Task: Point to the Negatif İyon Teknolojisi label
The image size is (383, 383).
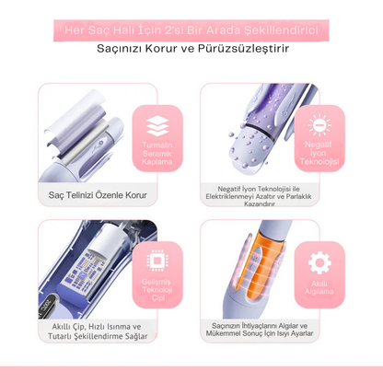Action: [x=319, y=155]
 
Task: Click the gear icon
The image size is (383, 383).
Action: [x=319, y=260]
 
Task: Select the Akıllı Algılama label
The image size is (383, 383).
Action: [x=319, y=288]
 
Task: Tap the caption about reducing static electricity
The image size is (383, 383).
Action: [x=261, y=195]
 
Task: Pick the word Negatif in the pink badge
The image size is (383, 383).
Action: [x=319, y=145]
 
